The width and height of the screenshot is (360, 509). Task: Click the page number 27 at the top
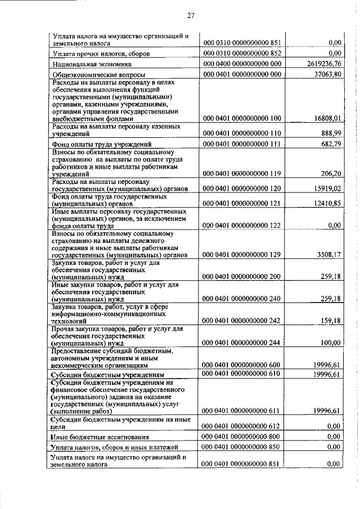click(x=190, y=15)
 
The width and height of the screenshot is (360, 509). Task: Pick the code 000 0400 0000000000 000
click(x=241, y=64)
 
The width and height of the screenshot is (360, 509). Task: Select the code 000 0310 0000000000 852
click(x=241, y=53)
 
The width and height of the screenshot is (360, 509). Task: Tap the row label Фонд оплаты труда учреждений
click(x=101, y=145)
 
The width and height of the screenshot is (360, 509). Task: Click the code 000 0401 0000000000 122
click(x=241, y=225)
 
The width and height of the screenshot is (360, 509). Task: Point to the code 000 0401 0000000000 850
click(x=241, y=447)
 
